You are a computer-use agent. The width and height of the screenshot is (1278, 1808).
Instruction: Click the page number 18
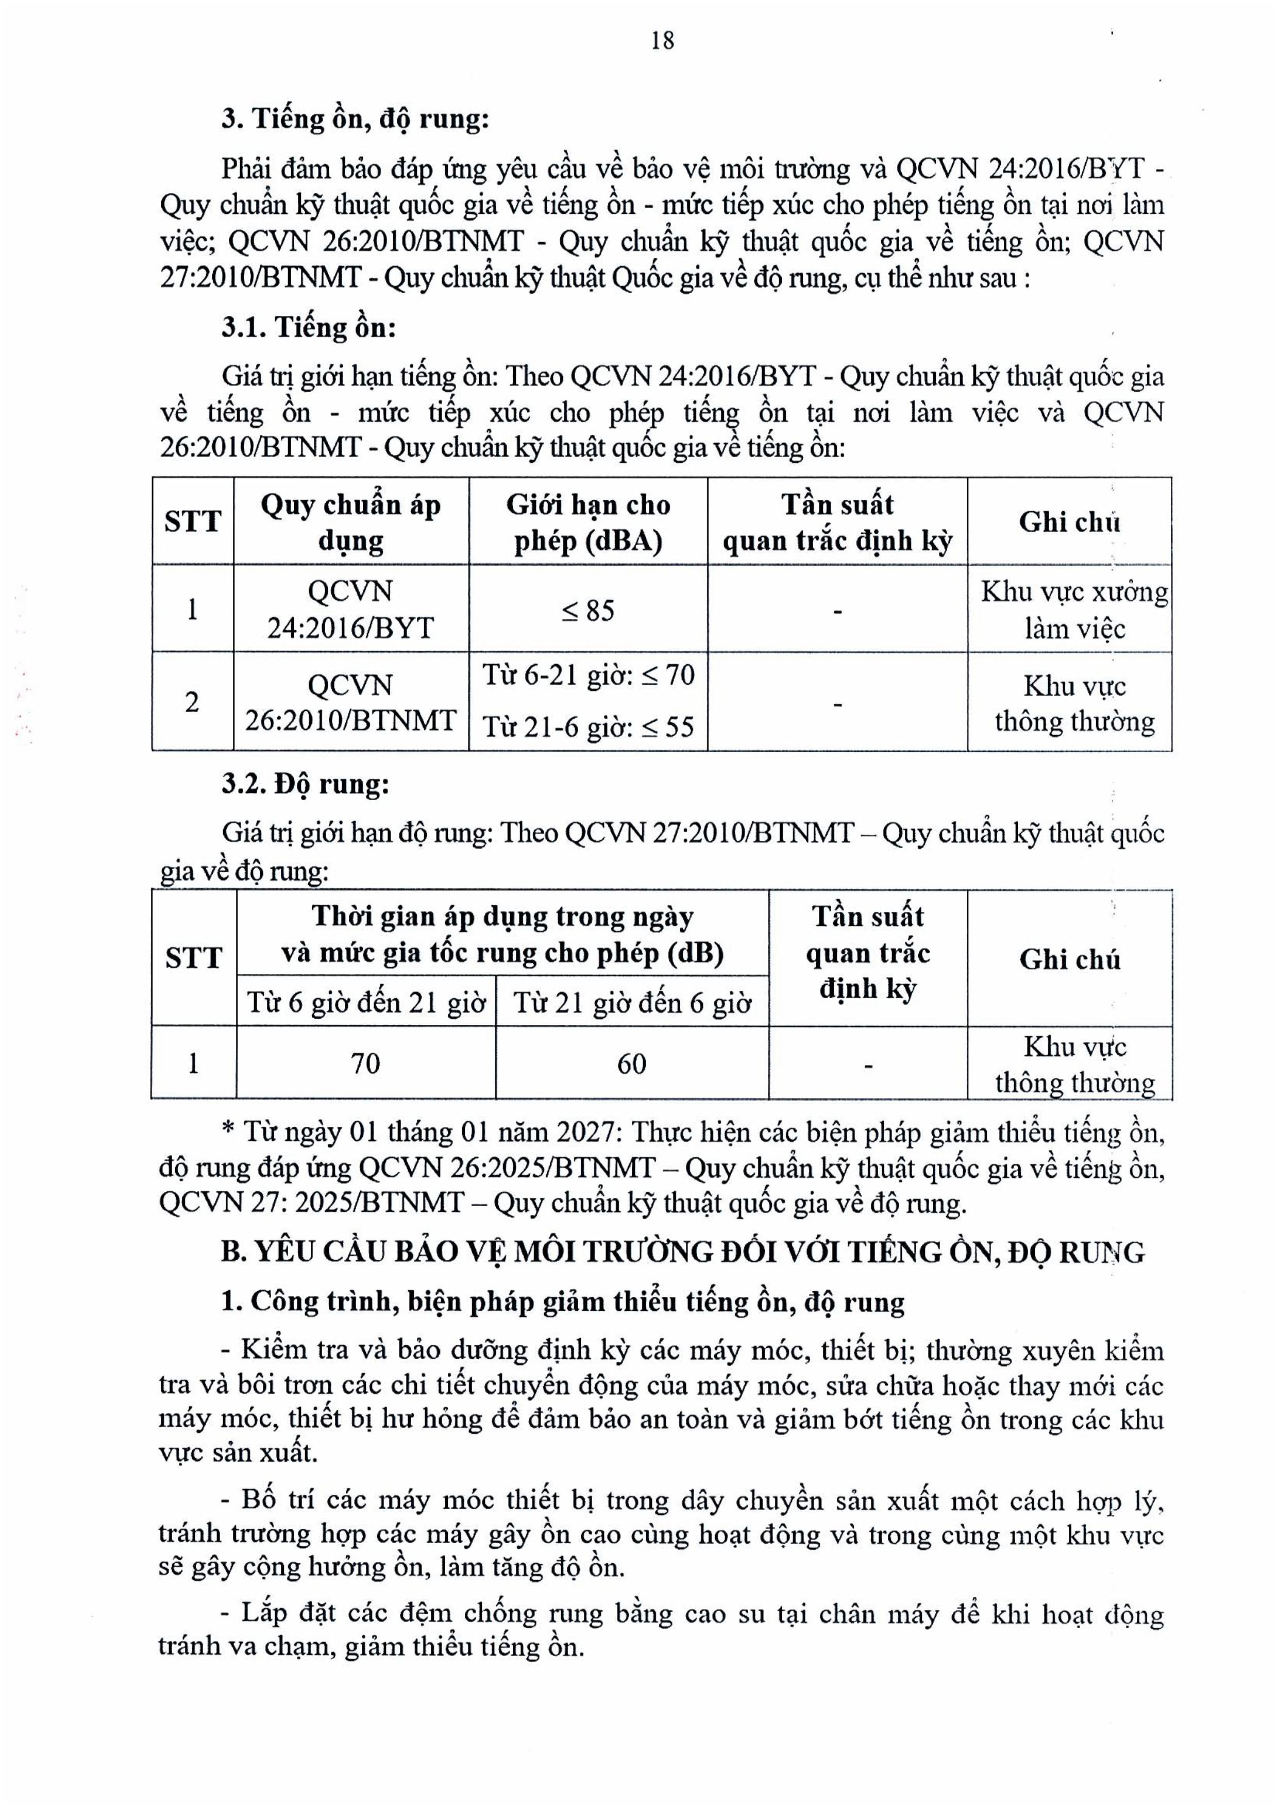click(x=662, y=40)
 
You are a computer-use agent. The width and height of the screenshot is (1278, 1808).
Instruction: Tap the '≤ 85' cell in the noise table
click(x=587, y=610)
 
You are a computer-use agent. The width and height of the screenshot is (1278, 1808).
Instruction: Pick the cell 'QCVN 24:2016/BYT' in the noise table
click(x=350, y=610)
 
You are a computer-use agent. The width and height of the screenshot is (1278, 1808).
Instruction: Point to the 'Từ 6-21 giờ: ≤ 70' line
click(x=587, y=675)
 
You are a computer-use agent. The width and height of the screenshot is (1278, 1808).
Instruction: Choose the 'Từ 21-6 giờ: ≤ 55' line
click(x=587, y=726)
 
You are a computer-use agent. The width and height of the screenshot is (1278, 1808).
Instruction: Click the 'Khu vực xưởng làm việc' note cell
click(x=1074, y=610)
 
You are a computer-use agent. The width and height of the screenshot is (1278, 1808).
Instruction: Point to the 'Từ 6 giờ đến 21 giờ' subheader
click(x=365, y=1003)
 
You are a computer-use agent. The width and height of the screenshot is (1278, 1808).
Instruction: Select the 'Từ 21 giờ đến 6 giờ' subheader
click(x=631, y=1003)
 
